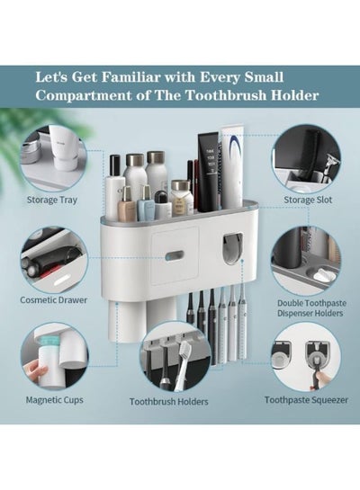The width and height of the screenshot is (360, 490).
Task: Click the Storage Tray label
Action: pyautogui.click(x=52, y=200)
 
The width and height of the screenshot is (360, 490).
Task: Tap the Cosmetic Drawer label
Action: pyautogui.click(x=53, y=300)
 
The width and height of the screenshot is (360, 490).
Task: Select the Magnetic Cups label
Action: pyautogui.click(x=54, y=400)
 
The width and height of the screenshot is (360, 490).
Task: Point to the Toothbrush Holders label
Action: pyautogui.click(x=169, y=402)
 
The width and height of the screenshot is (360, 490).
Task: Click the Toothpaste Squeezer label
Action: pyautogui.click(x=306, y=400)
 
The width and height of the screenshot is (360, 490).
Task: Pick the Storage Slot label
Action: pyautogui.click(x=308, y=200)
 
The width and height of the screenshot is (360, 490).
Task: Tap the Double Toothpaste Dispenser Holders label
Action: pyautogui.click(x=311, y=308)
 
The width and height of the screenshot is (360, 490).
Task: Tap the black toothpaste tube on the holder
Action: pyautogui.click(x=207, y=171)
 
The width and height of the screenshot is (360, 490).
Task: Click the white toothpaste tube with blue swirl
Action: pyautogui.click(x=232, y=165)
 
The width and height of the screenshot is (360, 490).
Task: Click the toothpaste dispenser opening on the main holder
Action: pyautogui.click(x=233, y=249)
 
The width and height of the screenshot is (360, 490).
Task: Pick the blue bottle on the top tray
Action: pyautogui.click(x=146, y=202)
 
